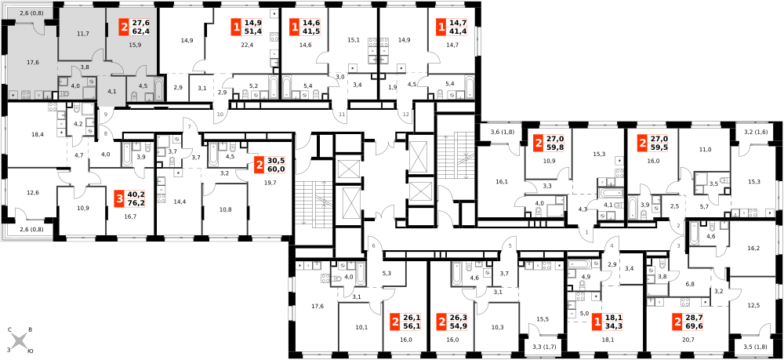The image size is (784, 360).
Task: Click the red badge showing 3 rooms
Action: point(119,198)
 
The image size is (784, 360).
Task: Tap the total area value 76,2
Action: point(132,202)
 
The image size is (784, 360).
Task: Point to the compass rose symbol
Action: point(19,341)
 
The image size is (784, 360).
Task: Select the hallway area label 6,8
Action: point(689,283)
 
